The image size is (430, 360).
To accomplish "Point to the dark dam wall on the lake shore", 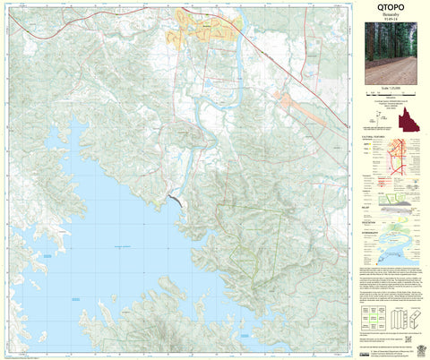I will click(174, 202).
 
